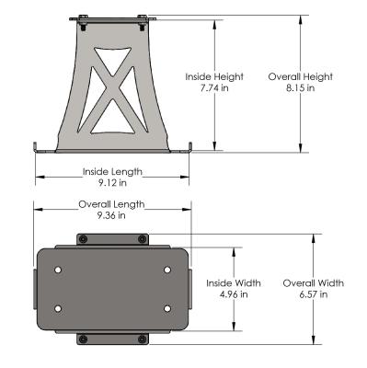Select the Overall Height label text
pos(300,76)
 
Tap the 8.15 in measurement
pos(300,88)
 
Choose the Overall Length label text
pos(113,204)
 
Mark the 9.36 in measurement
pos(113,216)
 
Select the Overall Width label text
pos(313,283)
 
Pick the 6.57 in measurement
pos(313,294)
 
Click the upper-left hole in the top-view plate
pos(59,270)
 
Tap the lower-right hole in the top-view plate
pos(167,307)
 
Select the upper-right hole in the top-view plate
pos(167,270)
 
